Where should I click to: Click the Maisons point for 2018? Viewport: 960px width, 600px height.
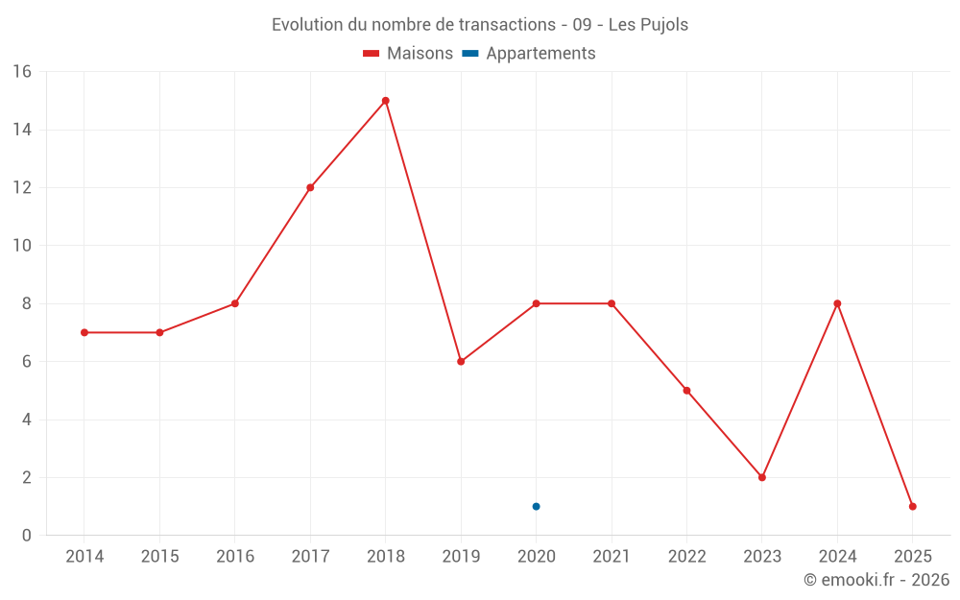pyautogui.click(x=385, y=101)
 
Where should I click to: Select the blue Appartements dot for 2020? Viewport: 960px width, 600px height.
pyautogui.click(x=536, y=506)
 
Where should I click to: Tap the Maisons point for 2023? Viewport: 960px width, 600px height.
pyautogui.click(x=762, y=477)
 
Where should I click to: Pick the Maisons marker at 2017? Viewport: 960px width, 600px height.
pyautogui.click(x=310, y=187)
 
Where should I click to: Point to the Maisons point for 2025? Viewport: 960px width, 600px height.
pyautogui.click(x=912, y=506)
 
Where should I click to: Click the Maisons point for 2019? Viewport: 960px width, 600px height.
pyautogui.click(x=461, y=361)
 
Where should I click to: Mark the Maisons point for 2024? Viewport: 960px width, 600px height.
pyautogui.click(x=837, y=303)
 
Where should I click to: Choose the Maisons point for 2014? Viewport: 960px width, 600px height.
pyautogui.click(x=84, y=332)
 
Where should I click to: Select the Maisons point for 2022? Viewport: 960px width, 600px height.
pyautogui.click(x=686, y=391)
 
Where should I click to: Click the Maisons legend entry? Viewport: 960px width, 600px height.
pyautogui.click(x=408, y=54)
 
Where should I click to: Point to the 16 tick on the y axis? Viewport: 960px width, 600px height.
pyautogui.click(x=22, y=72)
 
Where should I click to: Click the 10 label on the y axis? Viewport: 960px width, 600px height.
pyautogui.click(x=22, y=246)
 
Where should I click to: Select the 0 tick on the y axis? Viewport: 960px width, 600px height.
pyautogui.click(x=26, y=536)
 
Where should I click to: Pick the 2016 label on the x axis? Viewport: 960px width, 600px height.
pyautogui.click(x=235, y=557)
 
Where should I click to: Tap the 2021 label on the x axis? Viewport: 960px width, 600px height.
pyautogui.click(x=612, y=557)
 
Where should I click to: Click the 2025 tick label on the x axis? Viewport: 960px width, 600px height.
pyautogui.click(x=912, y=557)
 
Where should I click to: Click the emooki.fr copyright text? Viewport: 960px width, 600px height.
pyautogui.click(x=876, y=580)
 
